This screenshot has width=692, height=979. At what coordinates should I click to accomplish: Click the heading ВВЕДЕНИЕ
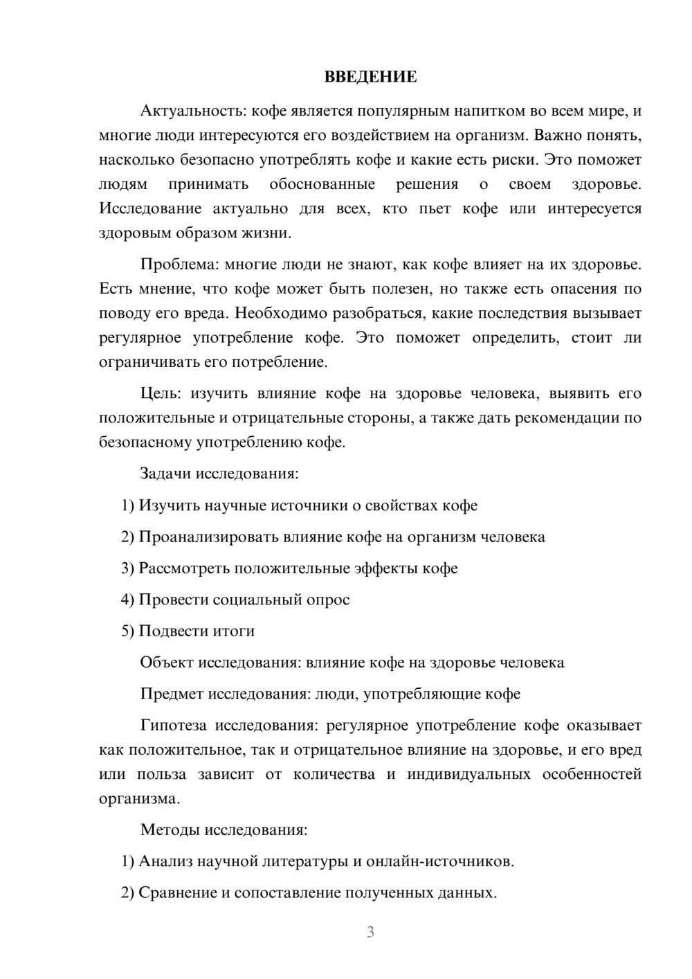pos(370,77)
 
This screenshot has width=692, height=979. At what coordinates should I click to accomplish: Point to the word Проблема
pos(179,264)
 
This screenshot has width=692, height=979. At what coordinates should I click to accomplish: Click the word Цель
pos(160,393)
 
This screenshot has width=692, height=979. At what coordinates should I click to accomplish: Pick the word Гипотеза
pos(173,726)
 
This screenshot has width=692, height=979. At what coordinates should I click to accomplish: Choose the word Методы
pos(168,829)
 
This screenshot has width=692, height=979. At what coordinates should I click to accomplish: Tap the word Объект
pos(166,663)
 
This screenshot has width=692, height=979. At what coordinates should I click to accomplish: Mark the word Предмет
pos(172,694)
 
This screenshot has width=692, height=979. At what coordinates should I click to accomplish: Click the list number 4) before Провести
pos(127,600)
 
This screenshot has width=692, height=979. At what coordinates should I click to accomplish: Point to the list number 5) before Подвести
pos(127,631)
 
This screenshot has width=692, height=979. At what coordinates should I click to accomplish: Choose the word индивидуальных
pos(468,773)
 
